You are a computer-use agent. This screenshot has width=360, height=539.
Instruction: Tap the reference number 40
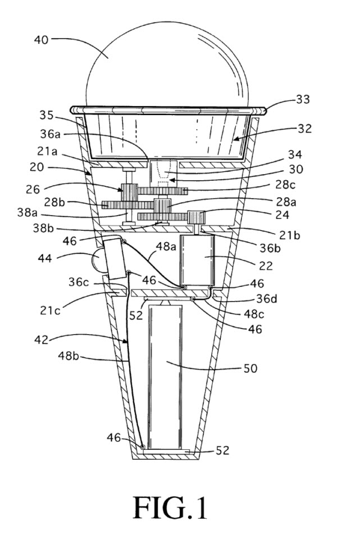[x=42, y=39]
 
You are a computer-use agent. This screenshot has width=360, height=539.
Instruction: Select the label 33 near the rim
[x=304, y=99]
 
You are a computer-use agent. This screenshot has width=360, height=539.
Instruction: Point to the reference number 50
[x=250, y=368]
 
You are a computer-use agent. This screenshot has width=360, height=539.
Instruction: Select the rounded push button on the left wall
[x=95, y=260]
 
